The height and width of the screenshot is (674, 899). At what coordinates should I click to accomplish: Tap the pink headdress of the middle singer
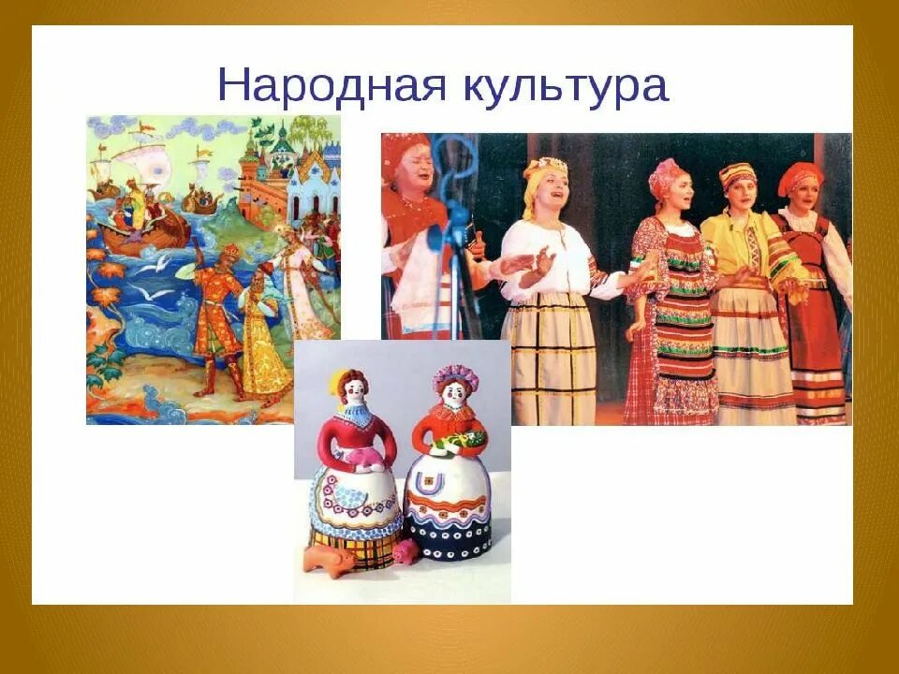[x=667, y=175]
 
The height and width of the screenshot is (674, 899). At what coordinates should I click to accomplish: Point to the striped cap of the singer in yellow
[x=737, y=174]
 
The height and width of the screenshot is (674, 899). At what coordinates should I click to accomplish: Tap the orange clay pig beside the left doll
[x=329, y=560]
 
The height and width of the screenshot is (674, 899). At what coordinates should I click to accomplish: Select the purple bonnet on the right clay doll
[x=455, y=377]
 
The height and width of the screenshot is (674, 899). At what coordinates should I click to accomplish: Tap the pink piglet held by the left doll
[x=361, y=455]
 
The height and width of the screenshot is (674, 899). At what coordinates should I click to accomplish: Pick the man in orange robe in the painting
[x=221, y=309]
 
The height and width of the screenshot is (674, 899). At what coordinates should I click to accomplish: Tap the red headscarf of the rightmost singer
[x=801, y=176]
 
